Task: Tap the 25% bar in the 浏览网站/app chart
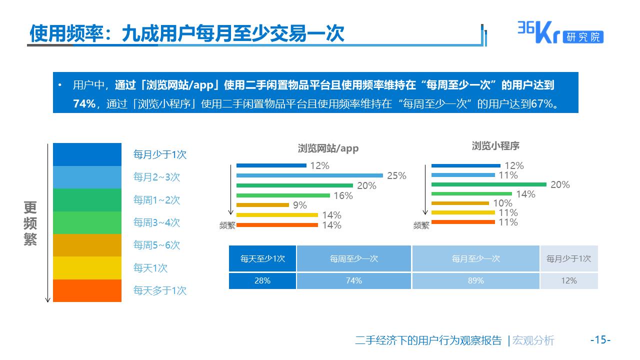309,175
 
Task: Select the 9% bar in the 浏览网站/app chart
262,204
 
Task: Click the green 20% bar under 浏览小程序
488,184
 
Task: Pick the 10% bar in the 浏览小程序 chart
460,203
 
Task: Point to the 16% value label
343,195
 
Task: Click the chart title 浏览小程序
495,146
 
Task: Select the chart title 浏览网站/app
328,148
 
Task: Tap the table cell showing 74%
353,280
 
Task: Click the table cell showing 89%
475,280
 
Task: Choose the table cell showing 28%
262,280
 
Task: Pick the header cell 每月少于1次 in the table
568,258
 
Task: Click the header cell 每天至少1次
262,258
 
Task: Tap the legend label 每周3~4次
156,222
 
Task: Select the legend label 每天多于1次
159,290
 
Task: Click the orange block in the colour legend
87,290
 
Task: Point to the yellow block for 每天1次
87,268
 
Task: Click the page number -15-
600,340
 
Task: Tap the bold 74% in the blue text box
83,104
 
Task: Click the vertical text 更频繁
30,223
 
